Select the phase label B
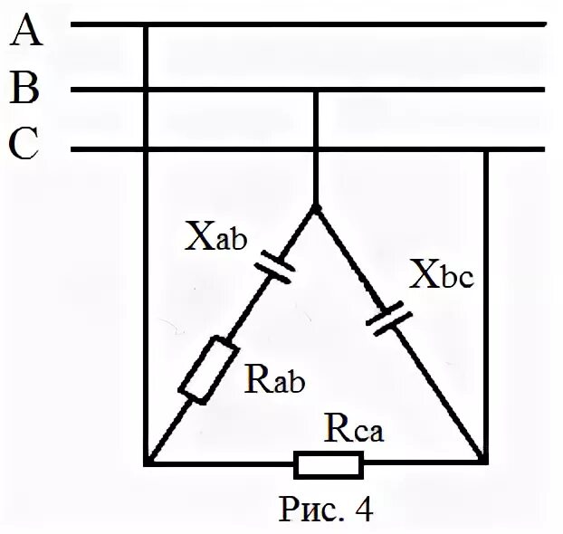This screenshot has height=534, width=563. pos(26,90)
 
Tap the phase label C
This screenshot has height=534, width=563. pos(26,146)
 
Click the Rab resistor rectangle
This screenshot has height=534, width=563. pos(207,368)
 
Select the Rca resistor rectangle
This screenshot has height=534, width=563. pos(329,465)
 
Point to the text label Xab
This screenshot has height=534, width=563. pos(215,237)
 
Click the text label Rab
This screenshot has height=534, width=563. pos(274,380)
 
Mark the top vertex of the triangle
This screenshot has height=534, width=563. pos(315,207)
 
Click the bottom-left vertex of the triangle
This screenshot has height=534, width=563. pos(147,463)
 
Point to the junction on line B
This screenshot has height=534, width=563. pos(314,90)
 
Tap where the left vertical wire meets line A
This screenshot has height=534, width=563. pos(147,25)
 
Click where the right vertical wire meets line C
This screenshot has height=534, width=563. pos(486,150)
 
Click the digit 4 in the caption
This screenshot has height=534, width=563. pos(363,509)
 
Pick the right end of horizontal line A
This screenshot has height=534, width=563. pos(545,25)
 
